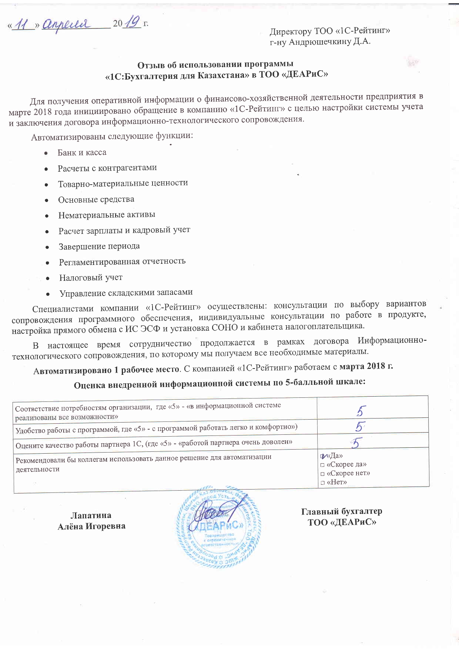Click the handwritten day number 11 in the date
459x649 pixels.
[x=23, y=25]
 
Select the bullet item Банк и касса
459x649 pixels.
[x=82, y=152]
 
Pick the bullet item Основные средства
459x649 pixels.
[x=96, y=199]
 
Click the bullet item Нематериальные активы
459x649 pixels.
[x=107, y=215]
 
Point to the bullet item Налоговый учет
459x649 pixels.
[x=91, y=278]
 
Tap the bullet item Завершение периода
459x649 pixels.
[x=99, y=246]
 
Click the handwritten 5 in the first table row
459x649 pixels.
[x=361, y=411]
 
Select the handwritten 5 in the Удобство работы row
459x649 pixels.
[x=359, y=427]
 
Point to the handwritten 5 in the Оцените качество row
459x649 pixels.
[x=357, y=443]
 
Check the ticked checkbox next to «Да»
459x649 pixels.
[x=323, y=456]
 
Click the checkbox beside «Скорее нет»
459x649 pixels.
[x=322, y=474]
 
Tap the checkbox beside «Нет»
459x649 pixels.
[x=322, y=482]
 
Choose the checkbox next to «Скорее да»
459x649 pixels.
[x=322, y=465]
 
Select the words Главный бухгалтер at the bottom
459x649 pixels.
[x=341, y=511]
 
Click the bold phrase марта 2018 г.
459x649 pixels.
[x=366, y=366]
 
